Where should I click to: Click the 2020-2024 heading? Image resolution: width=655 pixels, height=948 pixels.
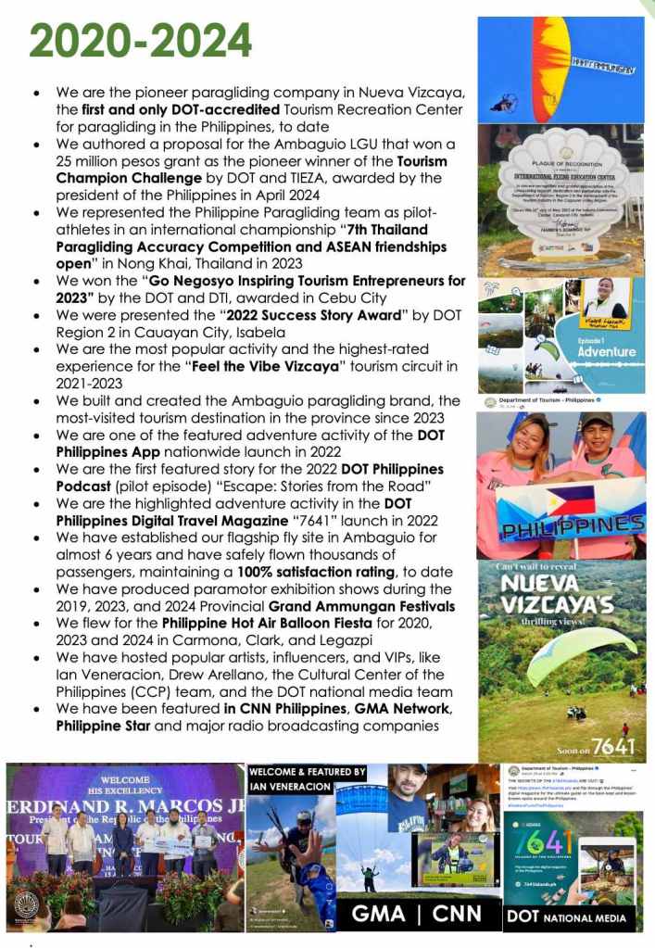click(140, 41)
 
